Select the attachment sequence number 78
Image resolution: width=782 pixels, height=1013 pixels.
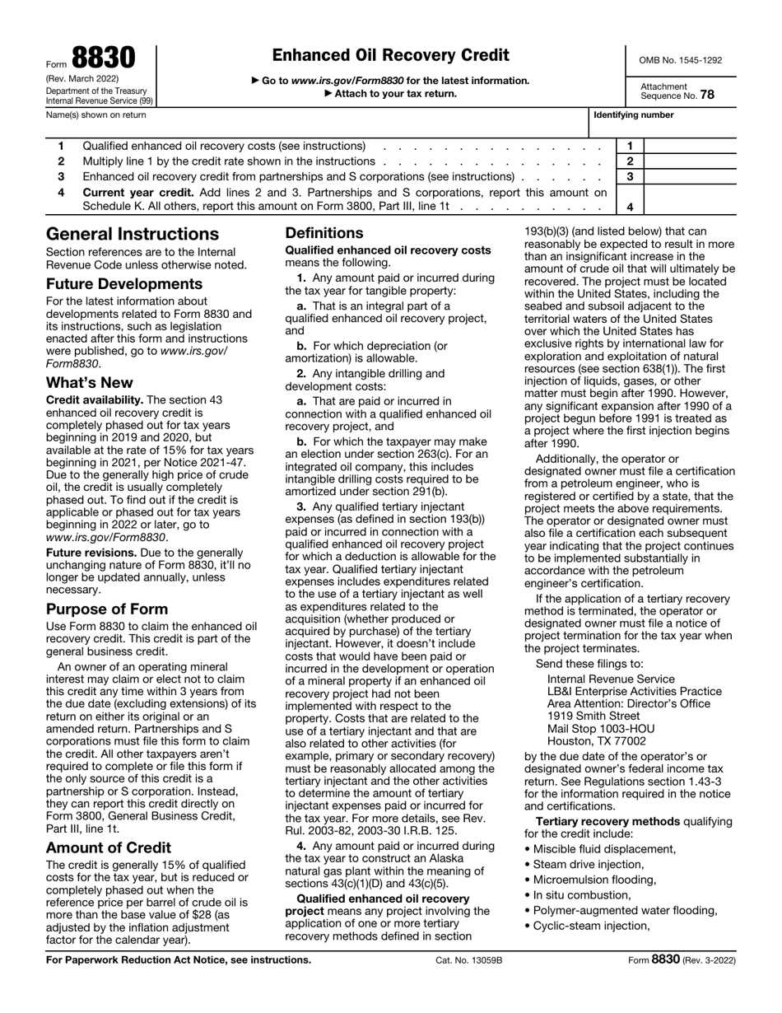tap(707, 95)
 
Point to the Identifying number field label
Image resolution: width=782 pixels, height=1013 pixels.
tap(633, 115)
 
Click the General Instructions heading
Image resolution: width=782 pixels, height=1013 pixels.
tap(133, 234)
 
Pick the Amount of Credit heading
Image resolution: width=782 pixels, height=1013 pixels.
tap(109, 847)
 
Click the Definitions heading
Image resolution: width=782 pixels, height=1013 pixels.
tap(324, 233)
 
